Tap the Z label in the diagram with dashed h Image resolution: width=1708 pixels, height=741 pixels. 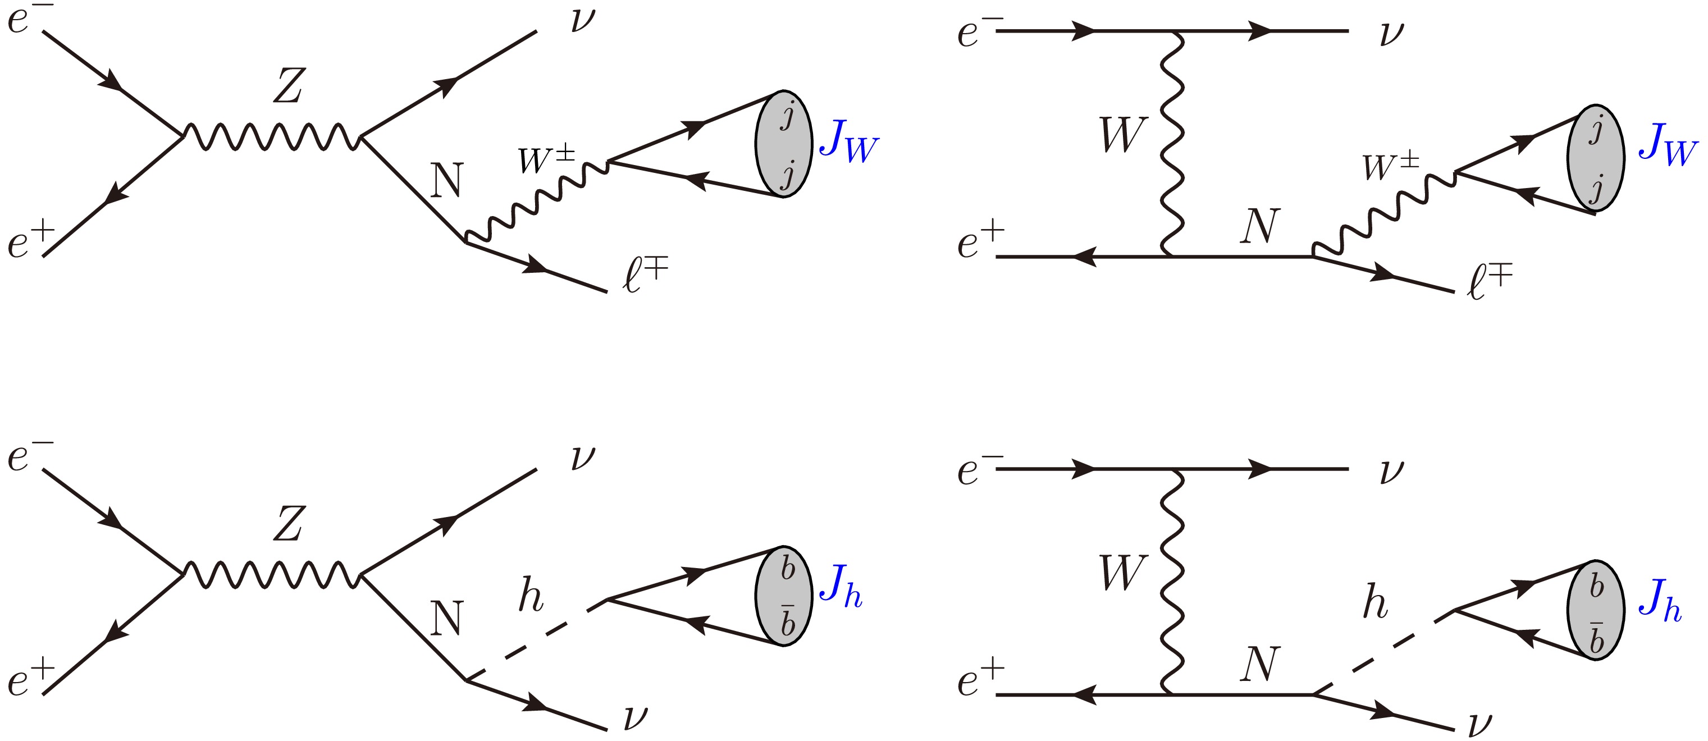tap(289, 524)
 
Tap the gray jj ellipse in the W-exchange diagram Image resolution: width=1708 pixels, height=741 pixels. tap(1595, 158)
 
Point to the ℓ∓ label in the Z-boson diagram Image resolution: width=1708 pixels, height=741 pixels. tap(645, 275)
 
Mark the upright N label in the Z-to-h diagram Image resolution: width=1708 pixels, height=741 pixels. tap(446, 617)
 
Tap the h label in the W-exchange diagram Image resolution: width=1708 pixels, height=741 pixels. tap(1374, 603)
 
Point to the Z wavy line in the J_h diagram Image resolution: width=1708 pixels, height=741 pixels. tap(272, 575)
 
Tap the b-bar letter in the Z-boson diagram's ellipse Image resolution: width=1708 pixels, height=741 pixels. tap(788, 621)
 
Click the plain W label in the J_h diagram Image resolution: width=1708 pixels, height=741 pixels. tap(1122, 571)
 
